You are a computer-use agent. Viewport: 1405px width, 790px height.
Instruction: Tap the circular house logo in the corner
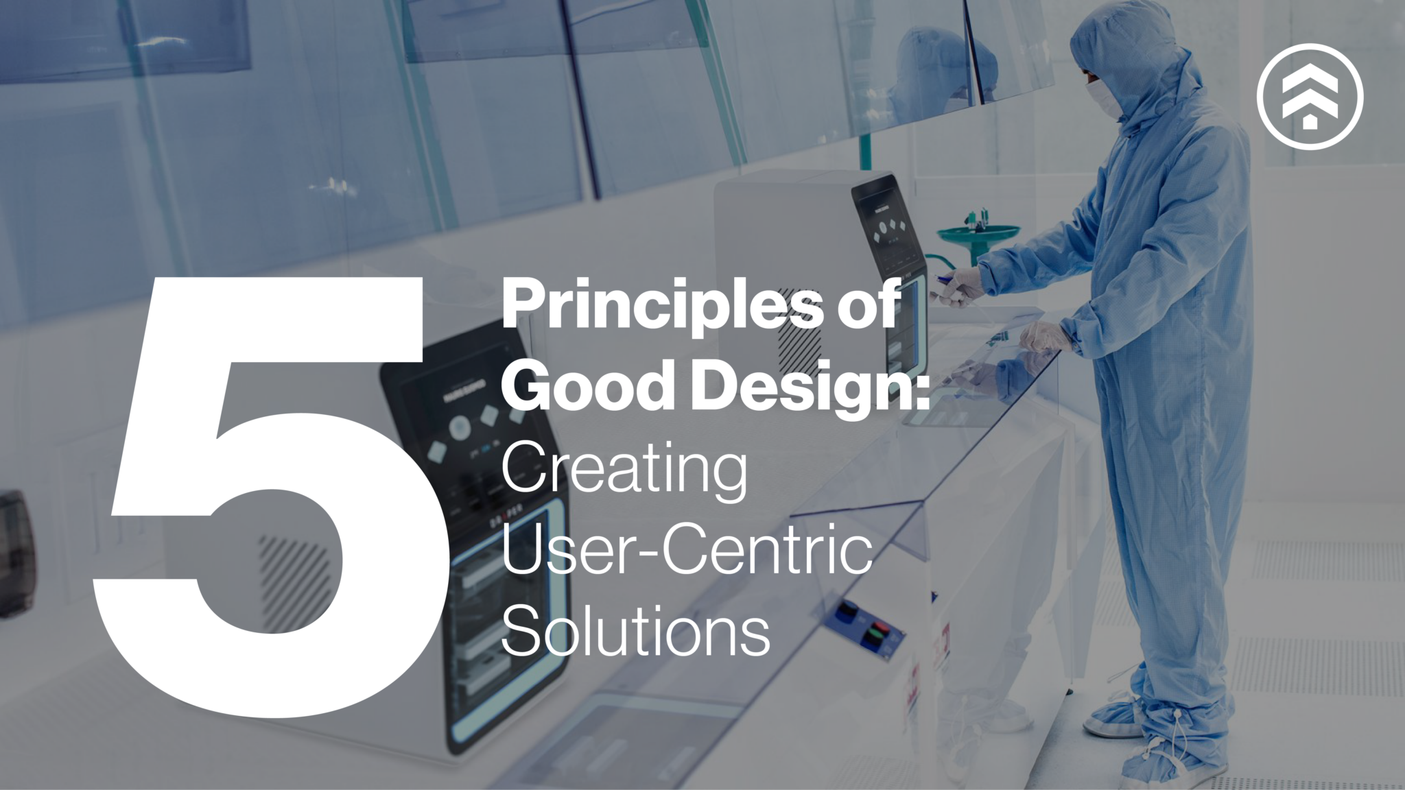pos(1310,96)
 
